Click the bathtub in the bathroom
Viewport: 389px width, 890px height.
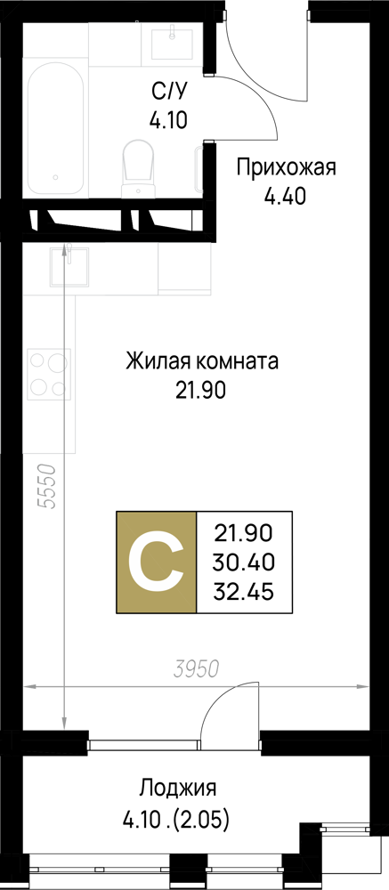tap(56, 127)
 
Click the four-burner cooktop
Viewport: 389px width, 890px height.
tap(48, 372)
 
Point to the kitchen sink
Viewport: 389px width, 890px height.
tap(68, 267)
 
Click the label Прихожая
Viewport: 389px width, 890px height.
tap(287, 167)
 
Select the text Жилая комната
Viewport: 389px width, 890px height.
tap(201, 361)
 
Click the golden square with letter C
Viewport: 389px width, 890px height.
tap(156, 562)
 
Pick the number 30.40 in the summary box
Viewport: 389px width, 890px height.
tap(244, 562)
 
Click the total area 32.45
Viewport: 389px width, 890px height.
tap(244, 592)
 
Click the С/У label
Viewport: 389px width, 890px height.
tap(168, 91)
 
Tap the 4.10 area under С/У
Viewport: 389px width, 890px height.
tap(168, 120)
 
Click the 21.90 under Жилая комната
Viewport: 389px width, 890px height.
tap(201, 391)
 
